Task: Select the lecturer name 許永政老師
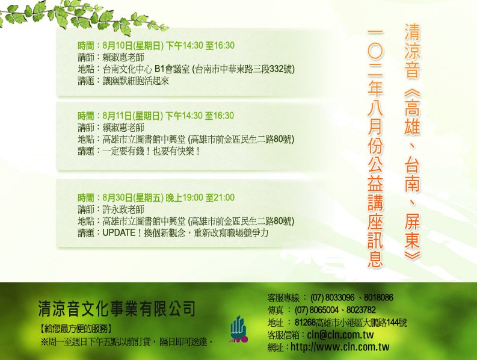pyautogui.click(x=123, y=209)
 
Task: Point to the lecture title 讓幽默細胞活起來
pyautogui.click(x=136, y=81)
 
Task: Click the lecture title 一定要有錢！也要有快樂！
pyautogui.click(x=151, y=151)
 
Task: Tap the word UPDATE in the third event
pyautogui.click(x=119, y=233)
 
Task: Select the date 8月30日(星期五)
pyautogui.click(x=134, y=197)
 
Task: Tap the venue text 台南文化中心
pyautogui.click(x=127, y=69)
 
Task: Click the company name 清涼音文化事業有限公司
pyautogui.click(x=117, y=308)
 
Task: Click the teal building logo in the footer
pyautogui.click(x=238, y=329)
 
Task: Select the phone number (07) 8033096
pyautogui.click(x=332, y=297)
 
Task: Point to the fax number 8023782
pyautogui.click(x=361, y=310)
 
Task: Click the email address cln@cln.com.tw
pyautogui.click(x=340, y=335)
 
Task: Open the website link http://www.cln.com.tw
pyautogui.click(x=340, y=347)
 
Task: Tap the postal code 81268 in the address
pyautogui.click(x=305, y=323)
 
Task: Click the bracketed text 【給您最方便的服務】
pyautogui.click(x=76, y=329)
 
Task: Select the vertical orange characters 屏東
pyautogui.click(x=412, y=230)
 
